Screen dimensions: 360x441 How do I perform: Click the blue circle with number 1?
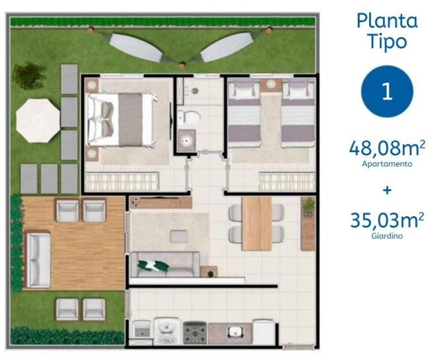(387, 91)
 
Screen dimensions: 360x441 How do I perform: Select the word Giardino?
(387, 236)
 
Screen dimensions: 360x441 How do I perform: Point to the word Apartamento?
(387, 164)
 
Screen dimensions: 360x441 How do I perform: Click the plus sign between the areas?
(387, 191)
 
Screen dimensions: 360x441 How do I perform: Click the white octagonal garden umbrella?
(37, 120)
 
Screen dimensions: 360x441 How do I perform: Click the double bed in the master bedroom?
(121, 119)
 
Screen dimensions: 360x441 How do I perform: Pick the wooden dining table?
(257, 223)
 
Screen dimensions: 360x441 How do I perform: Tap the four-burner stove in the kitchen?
(195, 332)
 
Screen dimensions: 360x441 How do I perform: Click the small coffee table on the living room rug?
(179, 237)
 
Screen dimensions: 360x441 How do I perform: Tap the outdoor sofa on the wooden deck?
(38, 260)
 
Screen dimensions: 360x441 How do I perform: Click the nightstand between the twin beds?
(271, 85)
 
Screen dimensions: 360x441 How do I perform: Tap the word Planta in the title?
(387, 21)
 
